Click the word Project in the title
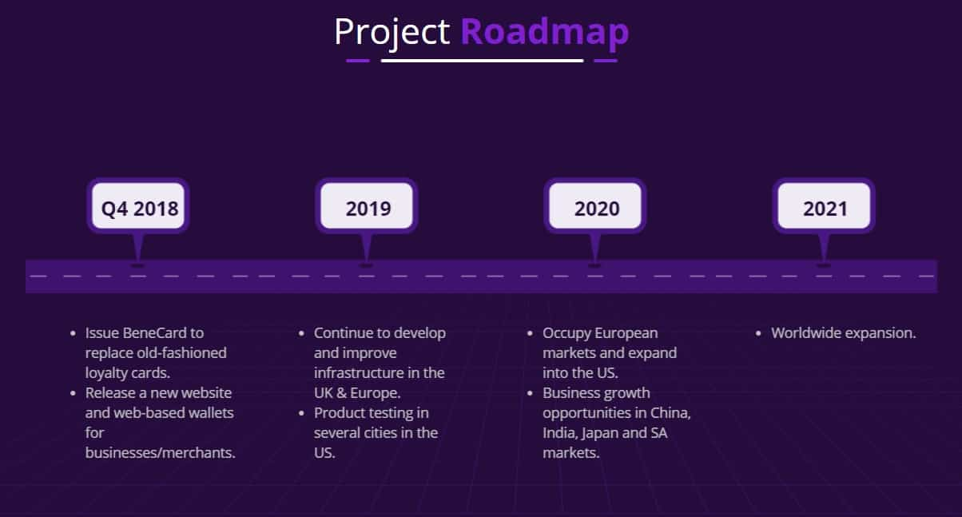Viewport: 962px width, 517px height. click(392, 33)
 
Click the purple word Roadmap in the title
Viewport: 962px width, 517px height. click(545, 33)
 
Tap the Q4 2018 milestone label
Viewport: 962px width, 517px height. click(140, 209)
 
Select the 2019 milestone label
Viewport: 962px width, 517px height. click(368, 209)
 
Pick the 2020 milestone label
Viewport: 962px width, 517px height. click(597, 209)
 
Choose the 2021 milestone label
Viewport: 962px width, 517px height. click(825, 209)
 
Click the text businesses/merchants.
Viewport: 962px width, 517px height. click(160, 452)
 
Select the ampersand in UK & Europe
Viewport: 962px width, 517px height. click(341, 393)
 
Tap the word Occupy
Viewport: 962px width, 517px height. click(566, 334)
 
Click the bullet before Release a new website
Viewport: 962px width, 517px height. click(73, 393)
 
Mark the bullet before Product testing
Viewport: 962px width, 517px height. click(301, 413)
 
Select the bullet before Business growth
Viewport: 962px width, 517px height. click(530, 393)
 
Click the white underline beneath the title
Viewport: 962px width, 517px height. click(483, 61)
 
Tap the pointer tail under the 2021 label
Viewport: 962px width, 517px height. click(824, 249)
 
